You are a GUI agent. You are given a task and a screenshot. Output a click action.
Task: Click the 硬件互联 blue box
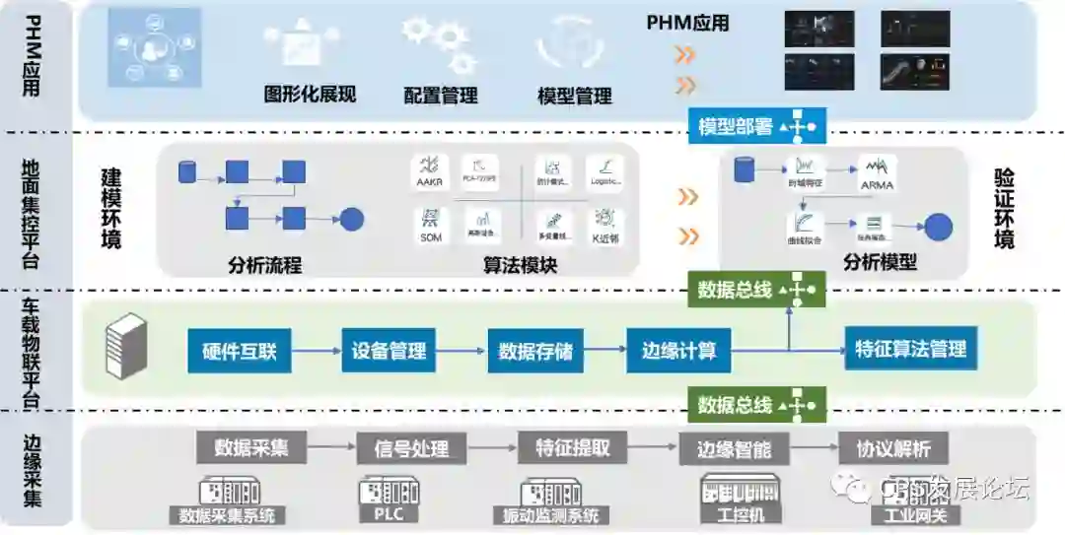coord(240,350)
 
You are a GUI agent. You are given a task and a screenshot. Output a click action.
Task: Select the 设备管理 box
coord(389,350)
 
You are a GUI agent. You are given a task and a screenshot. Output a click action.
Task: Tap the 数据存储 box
coord(535,350)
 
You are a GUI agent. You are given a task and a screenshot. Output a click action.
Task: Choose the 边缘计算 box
coord(678,350)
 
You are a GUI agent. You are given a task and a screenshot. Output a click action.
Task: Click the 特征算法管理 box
coord(910,349)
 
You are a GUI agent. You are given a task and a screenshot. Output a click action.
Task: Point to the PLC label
coord(389,513)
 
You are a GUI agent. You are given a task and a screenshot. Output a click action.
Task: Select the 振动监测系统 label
coord(550,514)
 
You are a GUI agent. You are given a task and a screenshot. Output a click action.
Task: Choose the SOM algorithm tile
coord(431,225)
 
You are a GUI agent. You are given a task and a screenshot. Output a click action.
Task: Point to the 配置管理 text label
coord(441,96)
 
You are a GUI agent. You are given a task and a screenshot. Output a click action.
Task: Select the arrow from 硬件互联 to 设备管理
coord(316,350)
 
